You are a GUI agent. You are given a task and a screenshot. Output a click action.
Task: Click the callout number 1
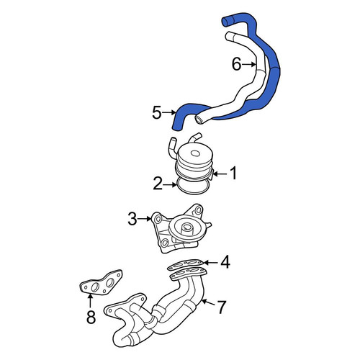tap(233, 173)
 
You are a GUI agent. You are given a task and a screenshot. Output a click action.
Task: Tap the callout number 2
tap(158, 184)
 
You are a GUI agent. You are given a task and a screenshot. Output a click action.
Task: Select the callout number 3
tap(132, 219)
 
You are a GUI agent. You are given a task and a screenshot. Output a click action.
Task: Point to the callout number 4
tap(225, 262)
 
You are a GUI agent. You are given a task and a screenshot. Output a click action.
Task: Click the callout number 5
tap(157, 112)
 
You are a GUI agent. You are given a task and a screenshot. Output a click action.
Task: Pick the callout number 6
tap(236, 64)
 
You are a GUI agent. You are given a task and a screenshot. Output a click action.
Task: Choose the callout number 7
tap(221, 307)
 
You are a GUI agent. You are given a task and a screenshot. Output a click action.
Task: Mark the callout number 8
tap(91, 316)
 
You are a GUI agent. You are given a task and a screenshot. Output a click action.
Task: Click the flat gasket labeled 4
tap(185, 264)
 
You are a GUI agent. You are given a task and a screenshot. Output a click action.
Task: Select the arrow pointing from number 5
tap(169, 112)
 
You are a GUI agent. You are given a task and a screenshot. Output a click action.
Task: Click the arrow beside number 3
tap(145, 219)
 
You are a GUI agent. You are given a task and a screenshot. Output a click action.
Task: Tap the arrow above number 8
tap(91, 301)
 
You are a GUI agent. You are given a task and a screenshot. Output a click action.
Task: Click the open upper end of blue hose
tap(225, 22)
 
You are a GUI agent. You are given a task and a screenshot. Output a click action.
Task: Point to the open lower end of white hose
tap(199, 120)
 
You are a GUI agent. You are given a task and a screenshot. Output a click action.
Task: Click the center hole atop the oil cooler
tap(195, 153)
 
